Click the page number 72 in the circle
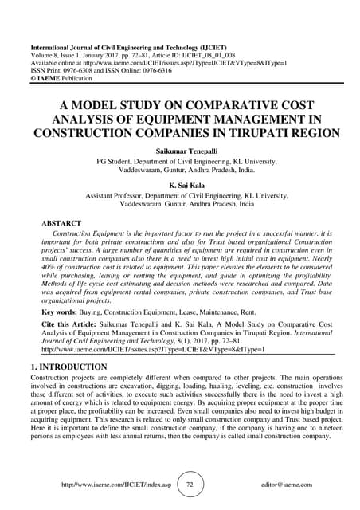[190, 484]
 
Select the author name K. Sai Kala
[180, 182]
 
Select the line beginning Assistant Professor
[180, 195]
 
